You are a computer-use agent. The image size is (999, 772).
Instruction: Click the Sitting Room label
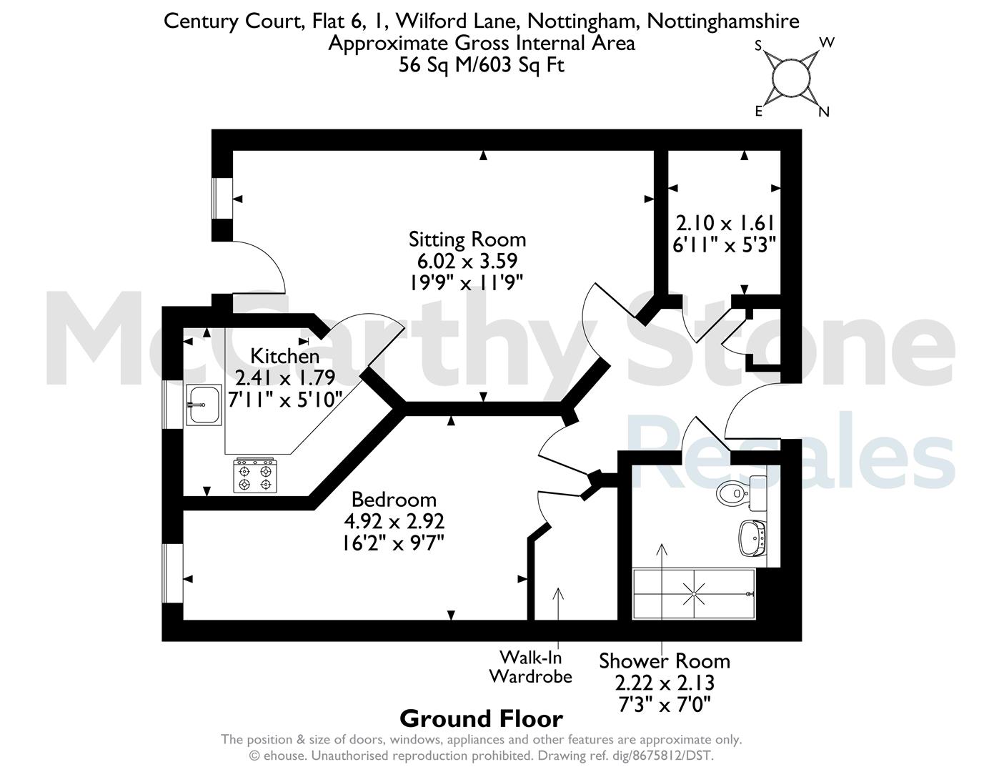(x=467, y=239)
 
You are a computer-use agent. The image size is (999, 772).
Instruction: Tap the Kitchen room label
(x=284, y=357)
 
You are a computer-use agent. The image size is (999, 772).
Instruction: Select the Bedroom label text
(x=394, y=500)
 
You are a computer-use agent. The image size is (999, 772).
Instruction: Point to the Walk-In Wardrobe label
(x=530, y=667)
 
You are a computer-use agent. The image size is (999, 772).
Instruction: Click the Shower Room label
(x=665, y=661)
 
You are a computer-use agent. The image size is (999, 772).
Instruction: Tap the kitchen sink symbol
(x=204, y=405)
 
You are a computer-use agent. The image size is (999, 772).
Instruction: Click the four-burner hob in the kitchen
(x=255, y=475)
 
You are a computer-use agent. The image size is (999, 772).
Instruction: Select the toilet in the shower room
(x=740, y=493)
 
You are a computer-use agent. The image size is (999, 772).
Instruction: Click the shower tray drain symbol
(x=694, y=594)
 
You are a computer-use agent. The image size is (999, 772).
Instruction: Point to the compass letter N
(x=824, y=112)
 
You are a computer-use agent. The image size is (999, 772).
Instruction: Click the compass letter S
(x=759, y=46)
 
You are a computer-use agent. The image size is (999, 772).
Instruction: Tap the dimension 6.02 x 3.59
(x=467, y=261)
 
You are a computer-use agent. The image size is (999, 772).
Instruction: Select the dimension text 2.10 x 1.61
(x=725, y=224)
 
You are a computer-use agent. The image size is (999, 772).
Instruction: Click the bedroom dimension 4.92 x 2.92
(x=394, y=521)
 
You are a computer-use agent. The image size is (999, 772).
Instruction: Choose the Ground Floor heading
(x=481, y=719)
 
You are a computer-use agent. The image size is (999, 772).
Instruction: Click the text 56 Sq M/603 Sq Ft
(x=481, y=65)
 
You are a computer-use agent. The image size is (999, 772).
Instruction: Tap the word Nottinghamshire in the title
(x=723, y=21)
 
